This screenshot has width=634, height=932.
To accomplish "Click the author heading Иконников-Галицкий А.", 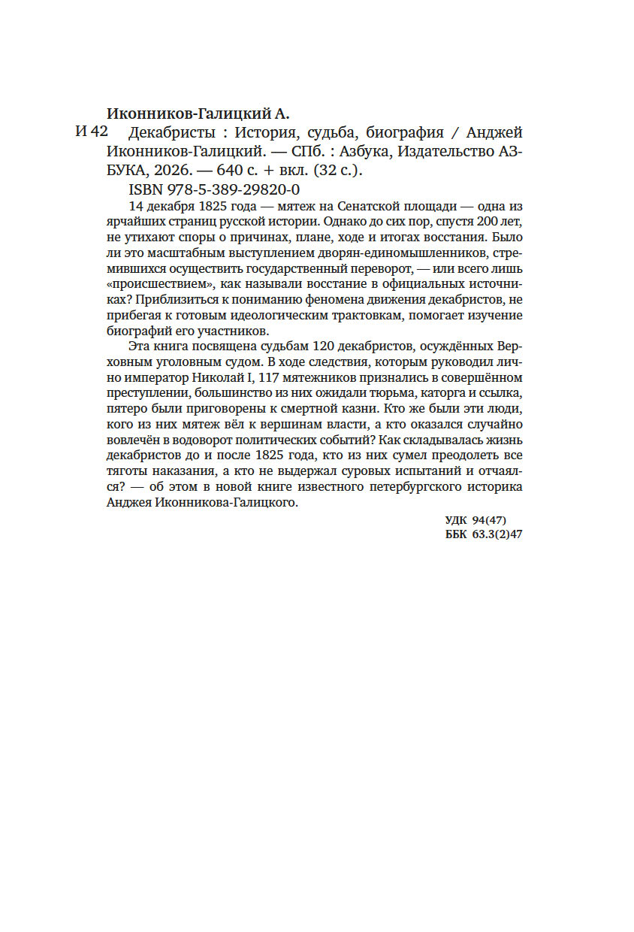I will tap(198, 114).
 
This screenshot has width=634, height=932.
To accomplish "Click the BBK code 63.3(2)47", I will tap(497, 534).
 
